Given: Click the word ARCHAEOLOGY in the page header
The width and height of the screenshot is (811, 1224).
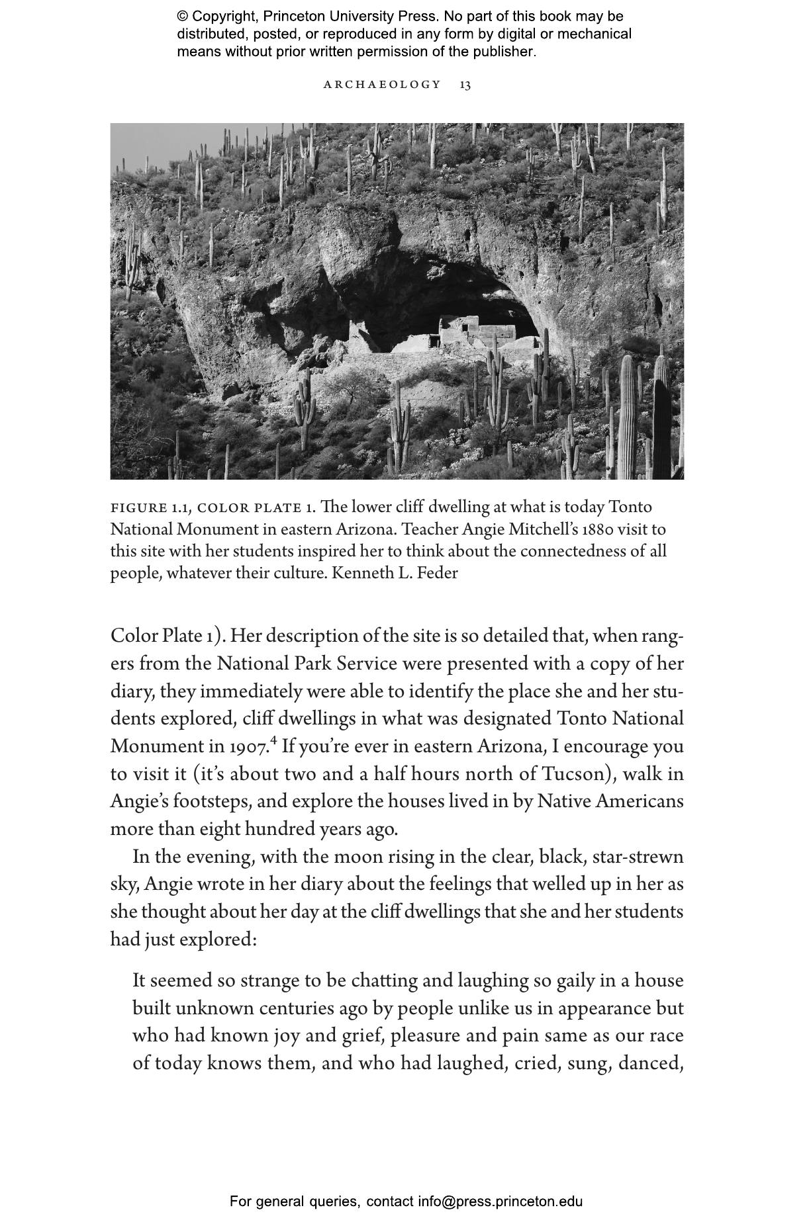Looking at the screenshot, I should (x=382, y=85).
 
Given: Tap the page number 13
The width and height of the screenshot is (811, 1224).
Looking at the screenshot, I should (x=465, y=85).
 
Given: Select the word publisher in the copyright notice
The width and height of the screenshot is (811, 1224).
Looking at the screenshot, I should (x=504, y=51).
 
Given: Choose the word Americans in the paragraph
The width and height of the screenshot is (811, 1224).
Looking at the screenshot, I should (x=639, y=802).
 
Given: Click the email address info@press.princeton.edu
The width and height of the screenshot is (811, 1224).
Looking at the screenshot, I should (x=500, y=1201).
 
